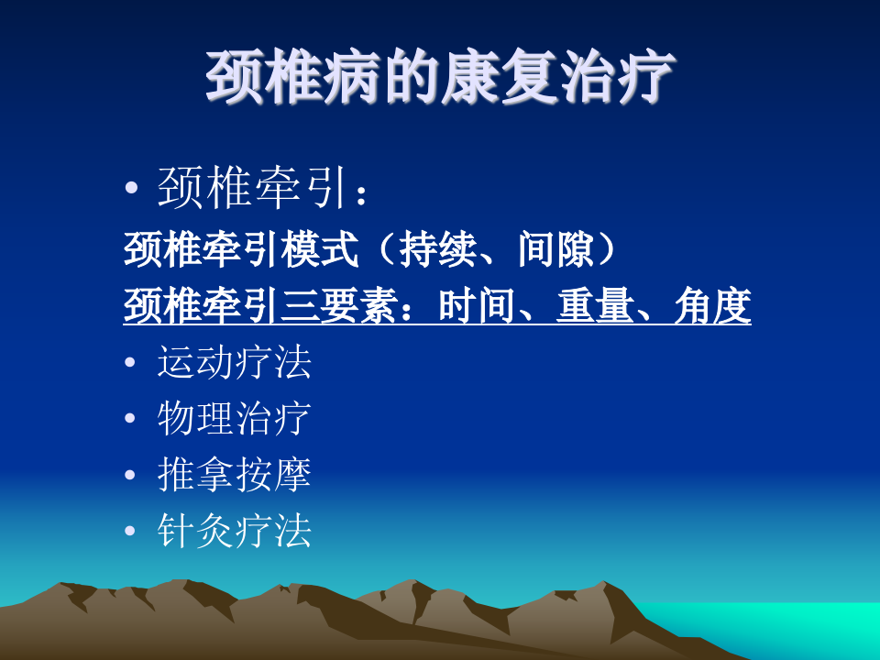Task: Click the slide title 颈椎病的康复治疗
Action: point(440,78)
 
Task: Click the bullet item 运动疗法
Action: point(235,362)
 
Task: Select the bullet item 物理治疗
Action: point(235,418)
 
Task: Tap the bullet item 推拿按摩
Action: point(235,475)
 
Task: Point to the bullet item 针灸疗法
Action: point(235,531)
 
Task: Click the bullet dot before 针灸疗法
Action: point(132,532)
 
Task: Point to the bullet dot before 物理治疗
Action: point(132,420)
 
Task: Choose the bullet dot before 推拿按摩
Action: point(132,476)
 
